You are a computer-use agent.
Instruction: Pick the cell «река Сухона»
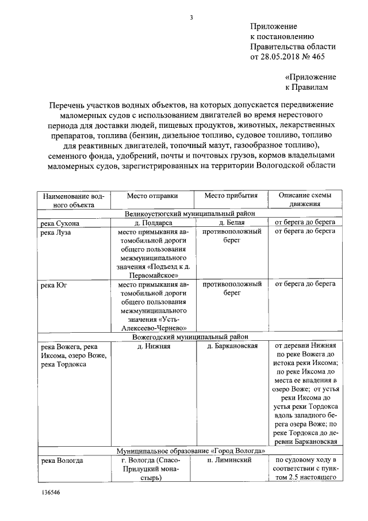coord(60,222)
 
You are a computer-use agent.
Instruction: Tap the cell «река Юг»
coord(53,284)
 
